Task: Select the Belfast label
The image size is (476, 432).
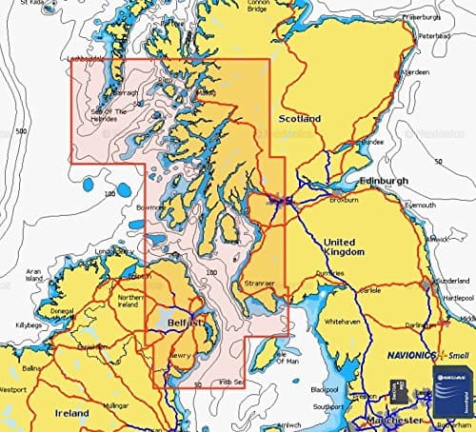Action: (x=185, y=324)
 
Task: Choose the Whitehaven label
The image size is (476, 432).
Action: (x=343, y=323)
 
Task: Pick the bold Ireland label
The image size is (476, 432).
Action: (x=70, y=414)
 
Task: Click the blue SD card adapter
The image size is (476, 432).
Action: (x=452, y=393)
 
